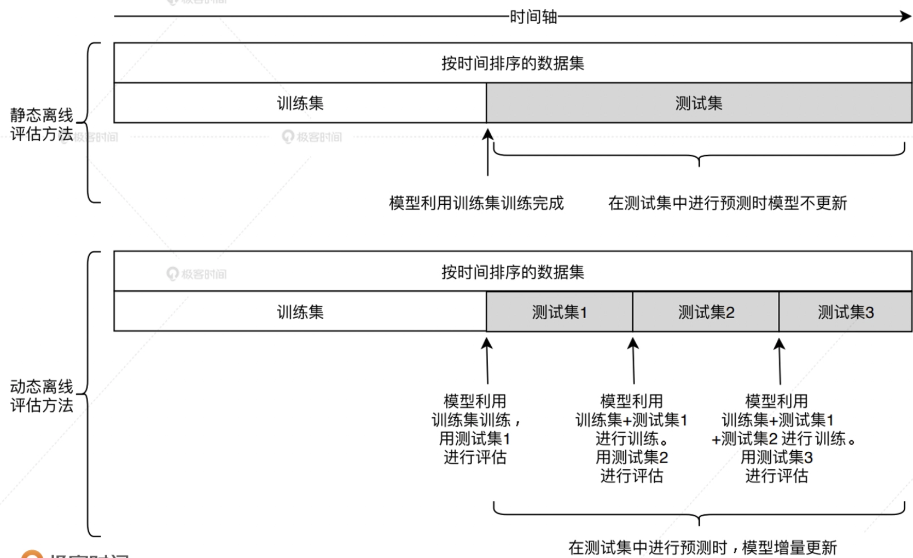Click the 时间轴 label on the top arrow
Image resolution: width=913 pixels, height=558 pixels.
click(x=533, y=17)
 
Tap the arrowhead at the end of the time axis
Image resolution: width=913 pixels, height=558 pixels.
click(x=906, y=16)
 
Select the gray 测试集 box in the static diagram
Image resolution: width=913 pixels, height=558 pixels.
click(x=699, y=103)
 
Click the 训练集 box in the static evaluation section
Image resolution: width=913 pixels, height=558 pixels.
click(x=300, y=103)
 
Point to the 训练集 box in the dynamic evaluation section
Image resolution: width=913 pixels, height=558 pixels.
click(x=300, y=312)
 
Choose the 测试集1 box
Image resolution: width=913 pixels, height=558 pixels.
click(x=559, y=312)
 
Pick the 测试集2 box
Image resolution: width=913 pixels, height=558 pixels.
click(x=706, y=312)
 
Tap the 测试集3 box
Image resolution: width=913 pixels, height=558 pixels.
click(x=845, y=312)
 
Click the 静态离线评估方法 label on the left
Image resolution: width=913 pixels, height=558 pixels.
click(x=42, y=124)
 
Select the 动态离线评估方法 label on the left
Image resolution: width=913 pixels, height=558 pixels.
click(x=42, y=396)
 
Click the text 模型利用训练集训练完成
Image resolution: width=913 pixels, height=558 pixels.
click(x=476, y=203)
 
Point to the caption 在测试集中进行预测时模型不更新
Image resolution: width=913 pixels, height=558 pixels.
click(x=727, y=203)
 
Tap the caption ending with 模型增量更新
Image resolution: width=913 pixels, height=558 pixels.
click(x=702, y=547)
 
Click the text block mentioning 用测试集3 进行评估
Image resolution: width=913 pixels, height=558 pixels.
click(x=777, y=438)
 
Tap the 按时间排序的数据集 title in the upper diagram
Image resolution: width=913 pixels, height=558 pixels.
click(x=513, y=64)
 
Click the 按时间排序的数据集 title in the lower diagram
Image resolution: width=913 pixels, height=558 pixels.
click(x=513, y=272)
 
